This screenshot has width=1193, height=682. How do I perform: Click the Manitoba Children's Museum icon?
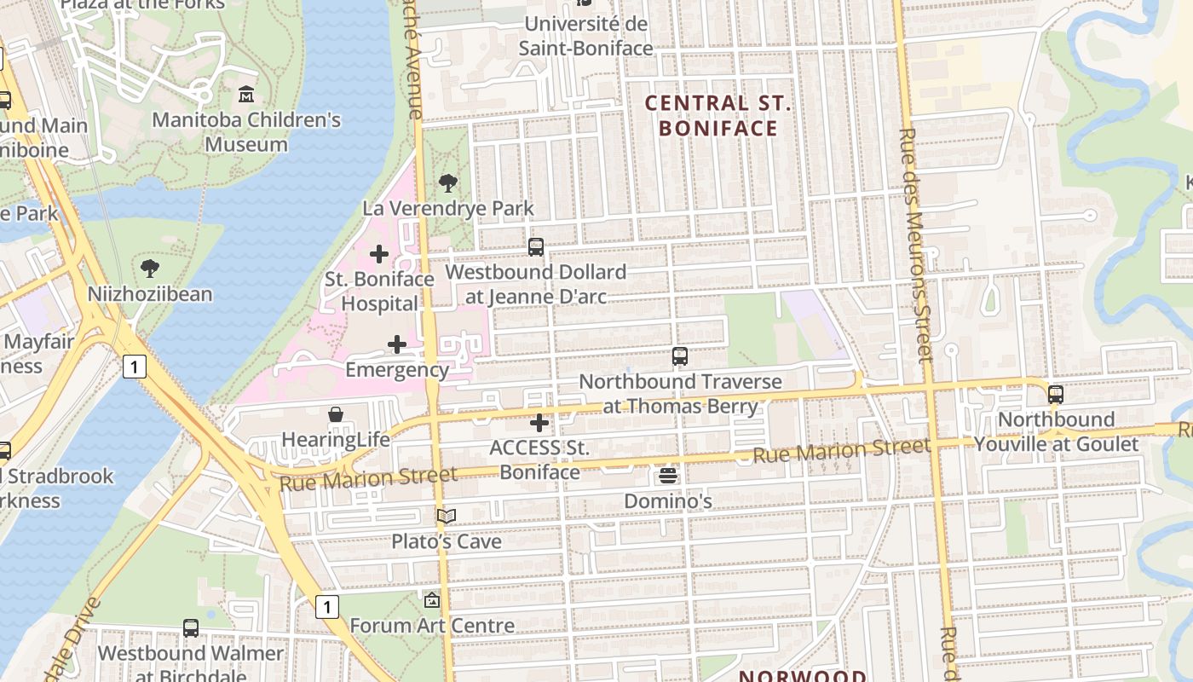click(x=246, y=93)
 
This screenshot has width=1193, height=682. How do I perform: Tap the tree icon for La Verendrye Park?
click(x=447, y=182)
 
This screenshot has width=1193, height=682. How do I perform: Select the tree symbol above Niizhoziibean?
click(x=150, y=269)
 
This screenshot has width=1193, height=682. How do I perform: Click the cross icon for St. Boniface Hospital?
click(x=379, y=254)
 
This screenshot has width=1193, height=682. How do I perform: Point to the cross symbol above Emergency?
click(x=397, y=344)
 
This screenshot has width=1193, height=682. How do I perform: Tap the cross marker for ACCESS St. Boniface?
click(x=539, y=423)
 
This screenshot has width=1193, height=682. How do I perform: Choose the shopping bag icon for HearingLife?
click(x=336, y=414)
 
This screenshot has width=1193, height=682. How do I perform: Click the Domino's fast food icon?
click(x=668, y=475)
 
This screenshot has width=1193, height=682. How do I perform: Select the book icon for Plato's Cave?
click(x=447, y=516)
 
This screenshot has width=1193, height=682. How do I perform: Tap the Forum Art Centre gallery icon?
click(x=432, y=600)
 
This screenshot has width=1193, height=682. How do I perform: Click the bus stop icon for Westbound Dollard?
click(x=536, y=247)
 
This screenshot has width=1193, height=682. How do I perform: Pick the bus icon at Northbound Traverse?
click(x=679, y=356)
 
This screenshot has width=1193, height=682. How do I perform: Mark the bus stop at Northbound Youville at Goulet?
click(x=1056, y=394)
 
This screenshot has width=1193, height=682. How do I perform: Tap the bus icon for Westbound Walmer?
click(x=191, y=628)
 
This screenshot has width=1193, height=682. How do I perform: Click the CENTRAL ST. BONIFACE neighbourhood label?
click(x=718, y=116)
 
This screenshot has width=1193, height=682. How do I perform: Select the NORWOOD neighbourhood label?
click(x=802, y=675)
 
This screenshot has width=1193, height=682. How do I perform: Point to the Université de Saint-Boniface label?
click(x=586, y=37)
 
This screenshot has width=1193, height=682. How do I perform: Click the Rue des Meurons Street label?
click(x=914, y=246)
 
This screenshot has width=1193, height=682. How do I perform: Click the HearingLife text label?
click(x=336, y=440)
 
